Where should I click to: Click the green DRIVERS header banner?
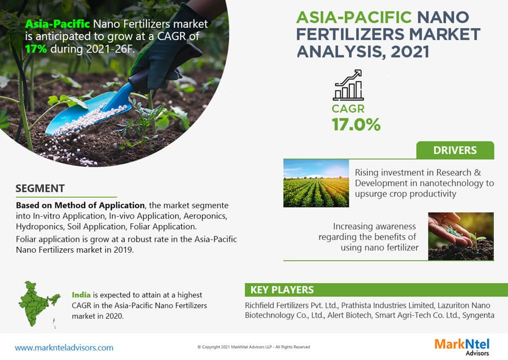pyautogui.click(x=454, y=150)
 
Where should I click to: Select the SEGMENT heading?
pyautogui.click(x=40, y=188)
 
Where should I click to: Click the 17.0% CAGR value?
pyautogui.click(x=356, y=124)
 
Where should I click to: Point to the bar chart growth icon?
pyautogui.click(x=348, y=85)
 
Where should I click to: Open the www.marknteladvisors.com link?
pyautogui.click(x=64, y=348)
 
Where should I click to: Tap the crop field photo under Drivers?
pyautogui.click(x=317, y=182)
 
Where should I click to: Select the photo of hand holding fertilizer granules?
pyautogui.click(x=461, y=236)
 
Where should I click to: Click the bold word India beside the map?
pyautogui.click(x=81, y=295)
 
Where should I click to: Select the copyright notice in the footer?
pyautogui.click(x=253, y=347)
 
